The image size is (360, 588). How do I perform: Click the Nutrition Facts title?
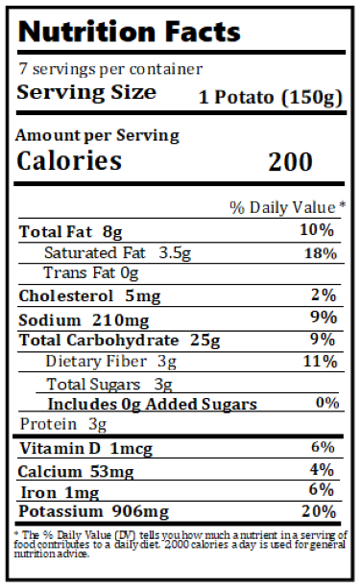(x=129, y=31)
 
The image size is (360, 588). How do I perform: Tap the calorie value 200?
(x=290, y=161)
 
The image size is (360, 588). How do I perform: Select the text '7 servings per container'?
(x=111, y=69)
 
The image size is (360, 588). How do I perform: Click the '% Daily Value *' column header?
(x=287, y=207)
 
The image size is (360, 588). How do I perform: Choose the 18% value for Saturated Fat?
(x=319, y=253)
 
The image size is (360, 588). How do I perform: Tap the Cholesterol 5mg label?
(x=76, y=295)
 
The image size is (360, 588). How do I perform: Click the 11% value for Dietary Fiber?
(x=319, y=362)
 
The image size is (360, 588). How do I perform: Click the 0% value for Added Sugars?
(x=326, y=403)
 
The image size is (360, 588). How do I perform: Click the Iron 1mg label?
(x=58, y=490)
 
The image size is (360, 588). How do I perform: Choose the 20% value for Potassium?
(x=319, y=511)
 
